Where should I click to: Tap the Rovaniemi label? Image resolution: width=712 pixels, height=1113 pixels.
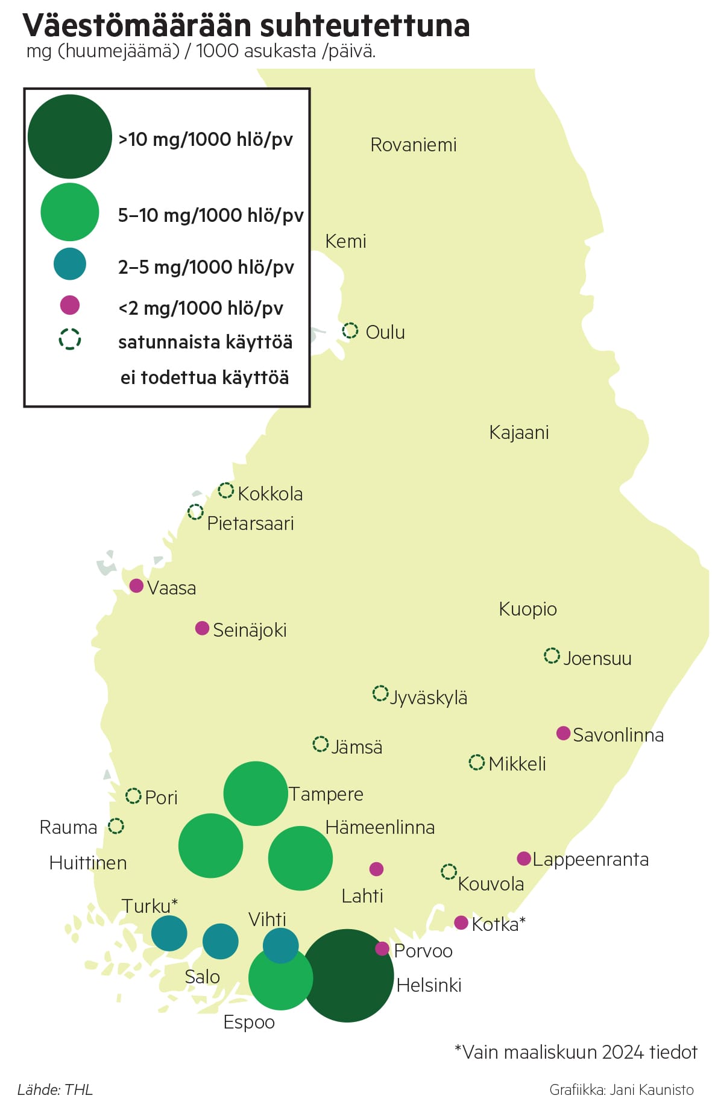[x=413, y=145]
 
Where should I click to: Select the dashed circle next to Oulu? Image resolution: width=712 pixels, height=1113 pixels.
[x=350, y=330]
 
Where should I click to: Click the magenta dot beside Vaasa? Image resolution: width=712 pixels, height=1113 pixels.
[x=136, y=585]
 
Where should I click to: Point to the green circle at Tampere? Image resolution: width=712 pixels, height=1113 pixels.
[x=256, y=793]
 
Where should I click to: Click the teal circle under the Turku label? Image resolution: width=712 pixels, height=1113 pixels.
[x=169, y=933]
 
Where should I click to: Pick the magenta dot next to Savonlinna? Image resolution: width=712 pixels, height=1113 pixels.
[x=563, y=733]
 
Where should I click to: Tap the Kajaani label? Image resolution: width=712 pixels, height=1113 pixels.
[x=518, y=433]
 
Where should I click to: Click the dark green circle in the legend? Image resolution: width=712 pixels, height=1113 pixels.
[x=70, y=136]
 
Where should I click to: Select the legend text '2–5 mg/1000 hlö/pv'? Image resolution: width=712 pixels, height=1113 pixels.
[x=206, y=267]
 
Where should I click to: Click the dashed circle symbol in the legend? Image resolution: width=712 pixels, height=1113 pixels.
[x=70, y=339]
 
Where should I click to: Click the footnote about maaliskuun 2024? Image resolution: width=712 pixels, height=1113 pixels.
[x=576, y=1052]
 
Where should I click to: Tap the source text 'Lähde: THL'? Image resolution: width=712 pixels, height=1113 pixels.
[x=55, y=1089]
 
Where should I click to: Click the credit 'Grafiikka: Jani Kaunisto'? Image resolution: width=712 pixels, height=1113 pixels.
[x=621, y=1089]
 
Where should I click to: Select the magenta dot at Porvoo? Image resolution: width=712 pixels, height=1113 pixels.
[x=382, y=948]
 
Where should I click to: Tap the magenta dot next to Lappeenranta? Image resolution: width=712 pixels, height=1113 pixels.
[x=524, y=858]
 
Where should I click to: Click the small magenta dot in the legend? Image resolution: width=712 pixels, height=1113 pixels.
[x=70, y=305]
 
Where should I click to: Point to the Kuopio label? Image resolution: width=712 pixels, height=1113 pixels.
[x=528, y=609]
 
